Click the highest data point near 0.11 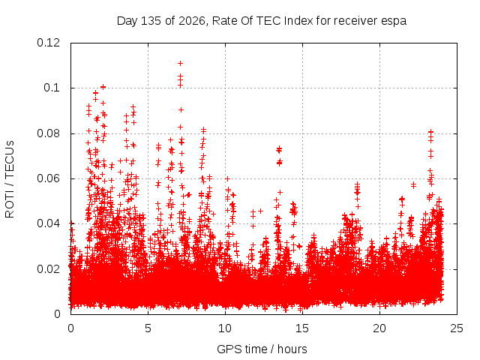(x=180, y=63)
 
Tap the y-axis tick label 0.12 (x=48, y=43)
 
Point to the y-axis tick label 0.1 (x=52, y=88)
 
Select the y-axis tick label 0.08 (x=48, y=133)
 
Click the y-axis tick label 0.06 (x=48, y=178)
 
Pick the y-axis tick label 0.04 (x=48, y=223)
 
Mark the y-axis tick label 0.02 (x=48, y=269)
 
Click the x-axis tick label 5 (x=148, y=328)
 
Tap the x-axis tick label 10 (x=225, y=328)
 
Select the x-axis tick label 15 (x=302, y=328)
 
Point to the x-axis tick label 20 (x=379, y=328)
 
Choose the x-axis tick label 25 (x=457, y=328)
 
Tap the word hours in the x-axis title (x=292, y=349)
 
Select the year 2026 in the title (x=192, y=21)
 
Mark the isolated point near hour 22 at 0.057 (x=413, y=185)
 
